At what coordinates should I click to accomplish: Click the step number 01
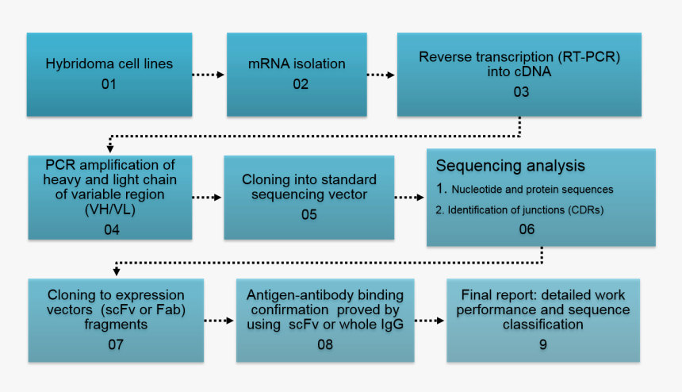pos(109,83)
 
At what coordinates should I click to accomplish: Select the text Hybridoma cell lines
pos(109,63)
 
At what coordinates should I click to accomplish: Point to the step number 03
pos(519,91)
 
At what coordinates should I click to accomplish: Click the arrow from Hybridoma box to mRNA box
pos(209,75)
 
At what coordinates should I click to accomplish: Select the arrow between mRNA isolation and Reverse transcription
pos(381,75)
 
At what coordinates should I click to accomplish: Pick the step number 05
pos(309,214)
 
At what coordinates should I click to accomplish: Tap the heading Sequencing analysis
pos(511,166)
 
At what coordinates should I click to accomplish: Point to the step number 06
pos(527,229)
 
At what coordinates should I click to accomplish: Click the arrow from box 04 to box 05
pos(207,197)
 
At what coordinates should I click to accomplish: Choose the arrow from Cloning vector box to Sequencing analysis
pos(409,197)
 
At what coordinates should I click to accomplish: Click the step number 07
pos(117,344)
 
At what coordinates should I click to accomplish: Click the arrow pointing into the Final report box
pos(428,321)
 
